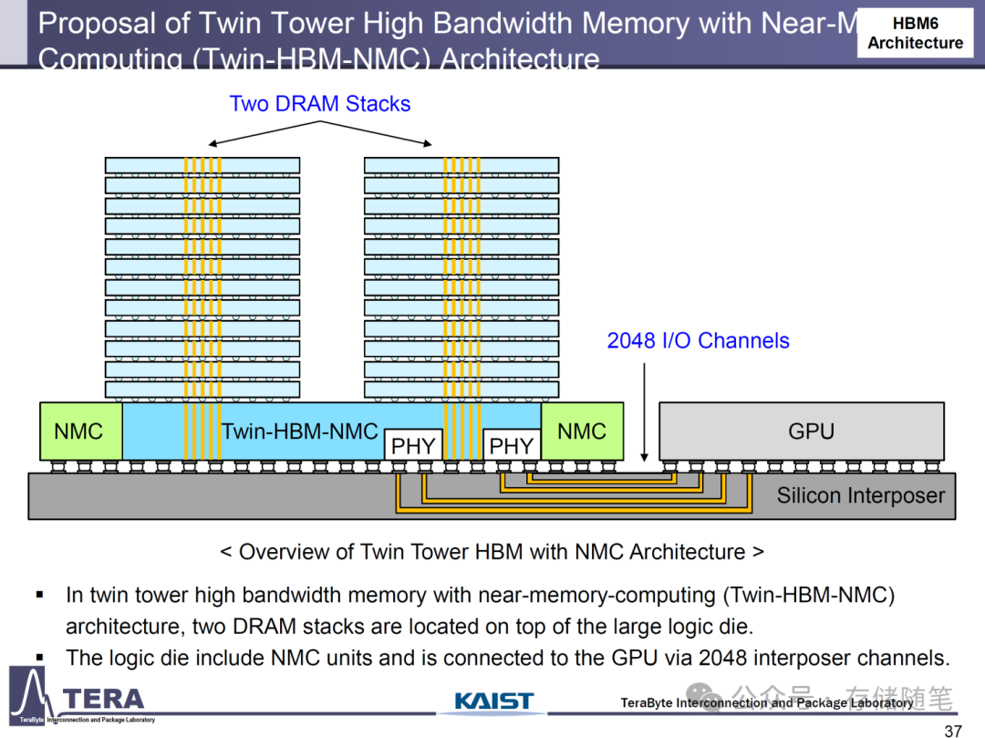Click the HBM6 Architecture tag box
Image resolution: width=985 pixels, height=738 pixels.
pos(915,33)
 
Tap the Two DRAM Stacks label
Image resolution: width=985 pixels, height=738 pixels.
pos(319,104)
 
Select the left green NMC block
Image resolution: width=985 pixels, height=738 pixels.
pos(79,431)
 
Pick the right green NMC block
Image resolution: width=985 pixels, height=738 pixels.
pos(582,431)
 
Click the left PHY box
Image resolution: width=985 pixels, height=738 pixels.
pos(413,445)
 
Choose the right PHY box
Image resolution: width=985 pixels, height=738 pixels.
pos(511,445)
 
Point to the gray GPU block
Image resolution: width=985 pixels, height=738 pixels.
pos(811,431)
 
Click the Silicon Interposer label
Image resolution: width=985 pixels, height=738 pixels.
pos(860,496)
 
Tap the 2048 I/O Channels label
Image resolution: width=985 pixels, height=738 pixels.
pos(698,341)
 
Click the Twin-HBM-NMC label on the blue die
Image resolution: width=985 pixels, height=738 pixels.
pos(299,431)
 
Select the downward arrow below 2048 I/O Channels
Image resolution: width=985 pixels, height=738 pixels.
pos(644,411)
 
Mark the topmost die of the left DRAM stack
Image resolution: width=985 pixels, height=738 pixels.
pos(202,165)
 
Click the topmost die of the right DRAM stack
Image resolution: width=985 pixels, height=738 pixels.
pos(461,165)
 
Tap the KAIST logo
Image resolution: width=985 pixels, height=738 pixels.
pos(493,701)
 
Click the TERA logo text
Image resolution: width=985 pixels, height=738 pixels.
pos(104,700)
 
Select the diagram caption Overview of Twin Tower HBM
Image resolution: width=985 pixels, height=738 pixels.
pos(492,552)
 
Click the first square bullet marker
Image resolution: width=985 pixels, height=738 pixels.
pos(40,596)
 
